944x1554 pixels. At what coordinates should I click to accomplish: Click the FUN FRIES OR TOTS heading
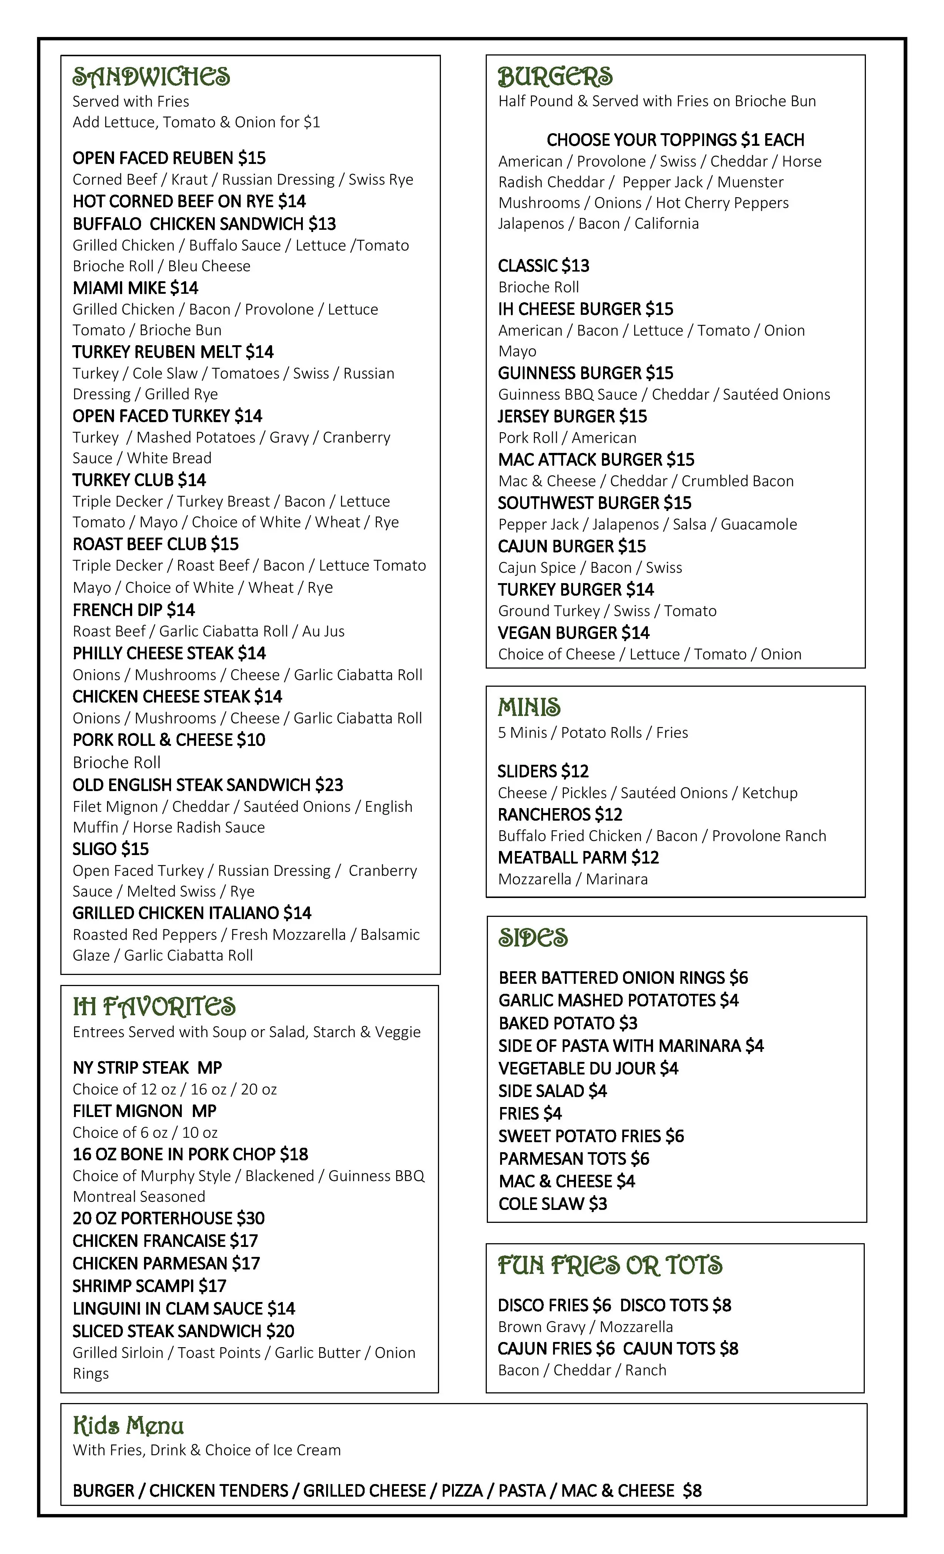[610, 1265]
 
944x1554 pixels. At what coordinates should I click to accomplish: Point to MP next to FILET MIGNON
[204, 1111]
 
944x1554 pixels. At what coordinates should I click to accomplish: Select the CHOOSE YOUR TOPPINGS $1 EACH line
[675, 139]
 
